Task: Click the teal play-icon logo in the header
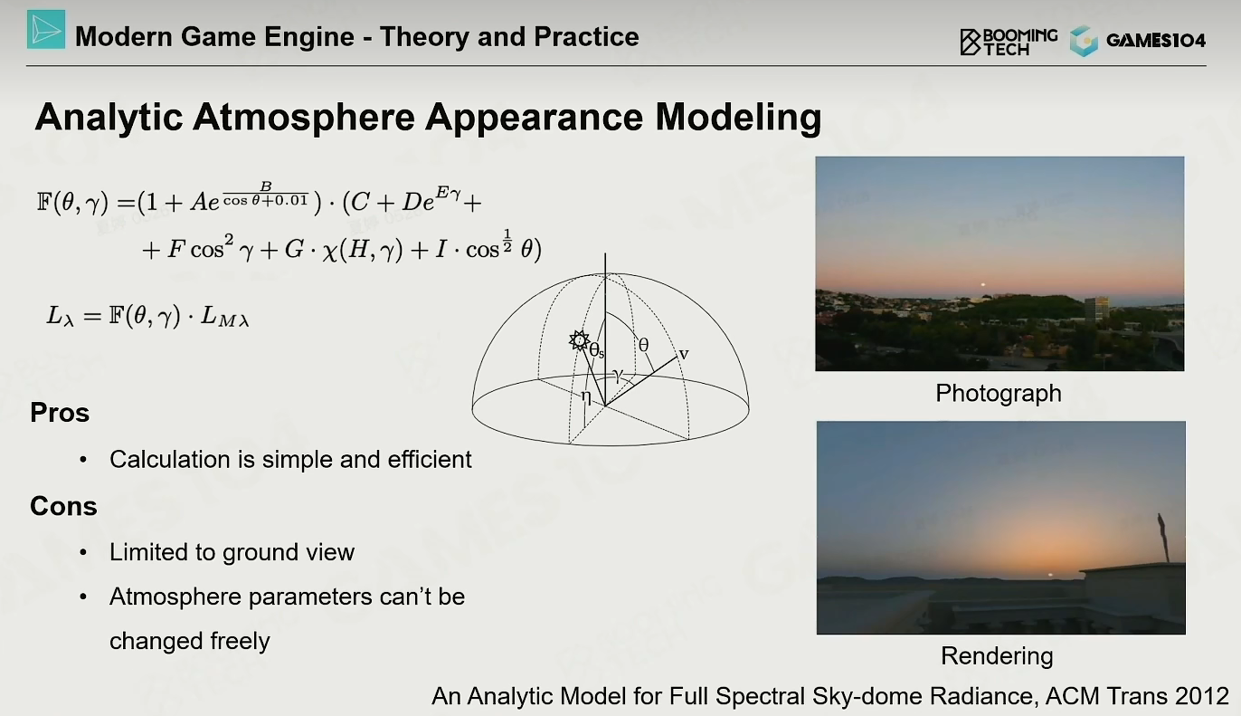(46, 29)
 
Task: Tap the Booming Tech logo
(1009, 43)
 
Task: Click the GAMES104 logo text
(1156, 41)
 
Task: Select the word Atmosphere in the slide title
(304, 117)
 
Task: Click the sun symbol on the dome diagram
(579, 340)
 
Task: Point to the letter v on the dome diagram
(684, 354)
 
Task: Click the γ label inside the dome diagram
(618, 375)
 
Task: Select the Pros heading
(60, 413)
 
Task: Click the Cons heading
(63, 506)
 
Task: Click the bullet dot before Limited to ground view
(83, 552)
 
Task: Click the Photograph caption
(999, 394)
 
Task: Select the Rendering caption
(997, 656)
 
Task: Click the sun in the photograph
(983, 285)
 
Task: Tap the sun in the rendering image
(1050, 576)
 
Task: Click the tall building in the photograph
(1097, 310)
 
